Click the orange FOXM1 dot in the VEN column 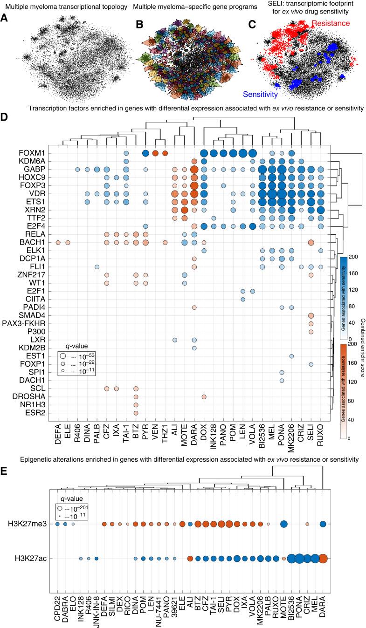[155, 153]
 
